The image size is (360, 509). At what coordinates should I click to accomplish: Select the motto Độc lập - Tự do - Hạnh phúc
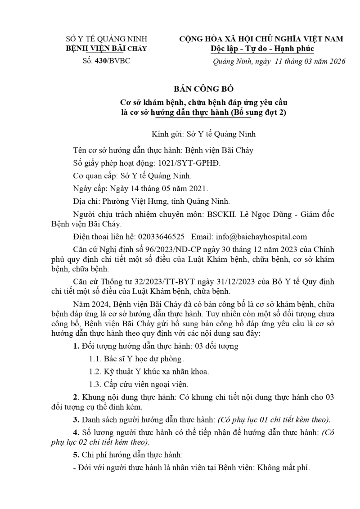coord(262,49)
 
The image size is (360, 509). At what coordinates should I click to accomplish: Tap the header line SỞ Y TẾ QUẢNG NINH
coord(107,39)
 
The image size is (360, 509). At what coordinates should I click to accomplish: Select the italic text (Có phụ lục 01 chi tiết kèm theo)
coord(274,419)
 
